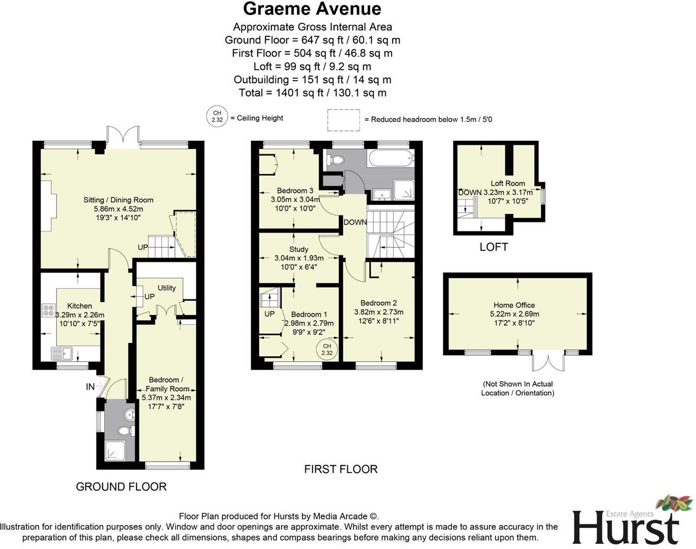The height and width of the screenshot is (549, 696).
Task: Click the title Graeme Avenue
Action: point(312,9)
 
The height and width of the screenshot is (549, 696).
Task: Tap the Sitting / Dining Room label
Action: point(118,200)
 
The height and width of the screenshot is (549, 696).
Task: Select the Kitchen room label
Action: point(80,306)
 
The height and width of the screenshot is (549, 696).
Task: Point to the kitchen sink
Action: point(60,354)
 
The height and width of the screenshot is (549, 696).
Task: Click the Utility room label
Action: point(167,288)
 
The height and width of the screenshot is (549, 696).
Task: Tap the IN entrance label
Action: point(90,387)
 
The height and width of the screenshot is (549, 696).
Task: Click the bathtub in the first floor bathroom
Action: point(390,158)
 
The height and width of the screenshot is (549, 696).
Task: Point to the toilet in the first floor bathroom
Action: point(336,160)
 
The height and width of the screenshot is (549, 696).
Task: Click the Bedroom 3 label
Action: point(295,191)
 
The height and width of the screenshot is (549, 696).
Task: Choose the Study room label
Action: point(299,249)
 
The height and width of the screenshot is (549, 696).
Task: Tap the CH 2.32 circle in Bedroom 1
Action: point(327,349)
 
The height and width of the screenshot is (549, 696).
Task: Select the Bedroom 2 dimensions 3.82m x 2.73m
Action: point(379,312)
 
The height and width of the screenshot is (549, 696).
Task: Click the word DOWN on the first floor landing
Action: point(355,222)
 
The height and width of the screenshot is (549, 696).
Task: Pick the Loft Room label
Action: point(507,183)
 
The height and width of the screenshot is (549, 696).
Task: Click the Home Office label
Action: point(514,305)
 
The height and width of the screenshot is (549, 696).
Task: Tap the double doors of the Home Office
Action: point(548,362)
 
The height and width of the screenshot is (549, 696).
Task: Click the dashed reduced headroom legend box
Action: point(344,119)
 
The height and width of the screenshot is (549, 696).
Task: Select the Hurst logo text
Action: point(625,526)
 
